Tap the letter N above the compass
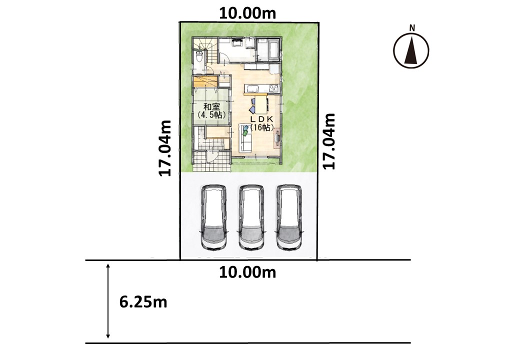point(412,28)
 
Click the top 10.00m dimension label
point(247,13)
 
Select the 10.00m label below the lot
point(247,272)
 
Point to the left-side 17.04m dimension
point(165,148)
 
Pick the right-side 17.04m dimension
point(329,141)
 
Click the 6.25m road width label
point(143,302)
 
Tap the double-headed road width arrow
point(108,301)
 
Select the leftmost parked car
point(214,217)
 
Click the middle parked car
point(251,217)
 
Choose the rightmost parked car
point(289,217)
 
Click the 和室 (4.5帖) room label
point(211,111)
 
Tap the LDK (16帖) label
point(261,123)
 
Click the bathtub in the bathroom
point(273,49)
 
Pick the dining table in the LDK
point(260,104)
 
